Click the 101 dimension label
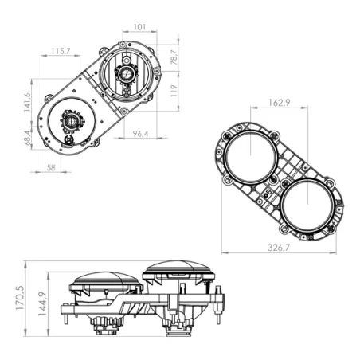tap(139, 27)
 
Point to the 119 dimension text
tap(173, 89)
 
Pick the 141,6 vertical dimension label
tap(27, 102)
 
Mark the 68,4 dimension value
tap(27, 139)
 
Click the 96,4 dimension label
tap(140, 133)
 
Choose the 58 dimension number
tap(51, 168)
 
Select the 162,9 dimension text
tap(276, 103)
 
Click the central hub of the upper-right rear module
tap(125, 73)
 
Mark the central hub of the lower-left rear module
tap(72, 123)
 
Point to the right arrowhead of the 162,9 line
tap(306, 109)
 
